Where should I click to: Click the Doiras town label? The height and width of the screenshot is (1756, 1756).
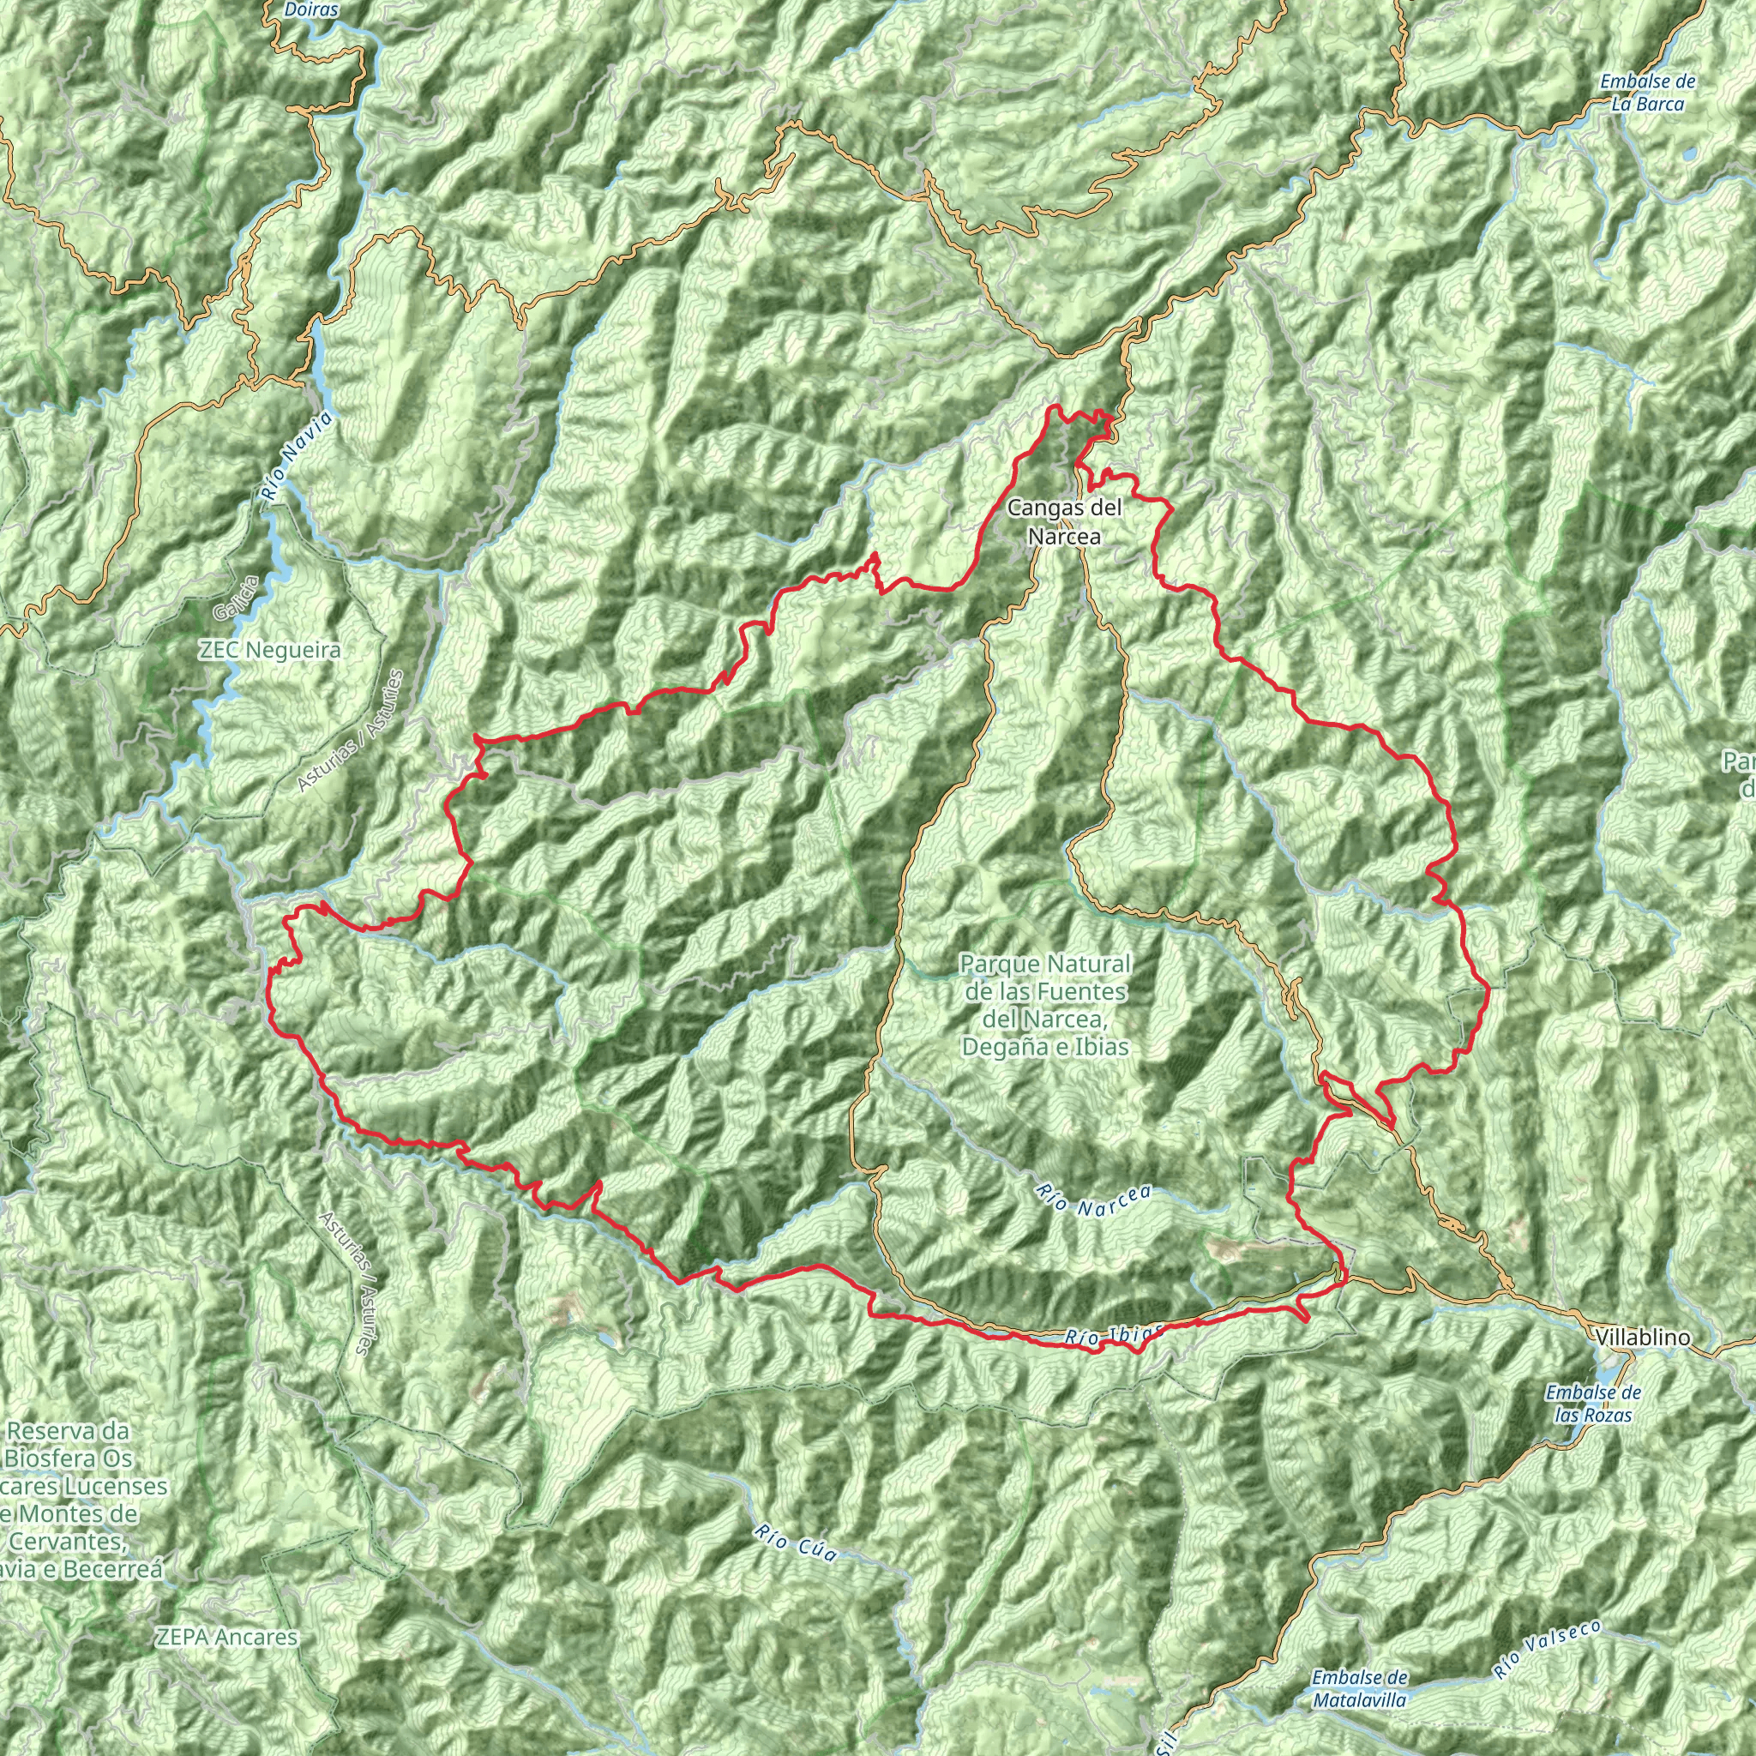[311, 11]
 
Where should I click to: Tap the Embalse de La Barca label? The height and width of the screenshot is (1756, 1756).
[1648, 93]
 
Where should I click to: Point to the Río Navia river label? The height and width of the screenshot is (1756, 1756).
[297, 456]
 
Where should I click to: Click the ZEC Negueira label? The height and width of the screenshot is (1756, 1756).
[270, 651]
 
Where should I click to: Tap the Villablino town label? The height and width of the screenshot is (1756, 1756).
[1642, 1337]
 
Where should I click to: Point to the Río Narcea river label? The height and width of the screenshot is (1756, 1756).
[1093, 1201]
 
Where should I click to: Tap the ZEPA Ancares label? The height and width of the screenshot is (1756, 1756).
[226, 1637]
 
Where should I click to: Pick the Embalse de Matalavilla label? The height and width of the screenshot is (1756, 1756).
[1360, 1687]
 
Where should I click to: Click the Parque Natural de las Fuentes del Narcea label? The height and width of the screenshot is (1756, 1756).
[1045, 1004]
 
